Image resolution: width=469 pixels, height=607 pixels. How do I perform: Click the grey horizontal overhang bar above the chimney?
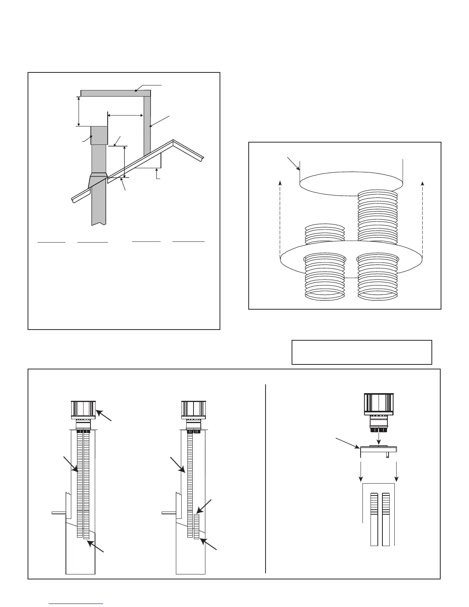point(115,93)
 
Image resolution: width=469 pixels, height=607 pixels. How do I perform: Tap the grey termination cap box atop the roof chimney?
point(99,135)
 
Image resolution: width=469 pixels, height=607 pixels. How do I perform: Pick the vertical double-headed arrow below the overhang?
point(79,111)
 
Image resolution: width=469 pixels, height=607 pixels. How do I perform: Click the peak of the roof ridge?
point(173,141)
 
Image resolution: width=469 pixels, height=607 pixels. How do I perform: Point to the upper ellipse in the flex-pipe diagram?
point(351,184)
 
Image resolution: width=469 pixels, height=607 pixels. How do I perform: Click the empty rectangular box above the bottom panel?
point(362,352)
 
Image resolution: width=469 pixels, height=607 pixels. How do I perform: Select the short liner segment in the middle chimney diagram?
point(197,527)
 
